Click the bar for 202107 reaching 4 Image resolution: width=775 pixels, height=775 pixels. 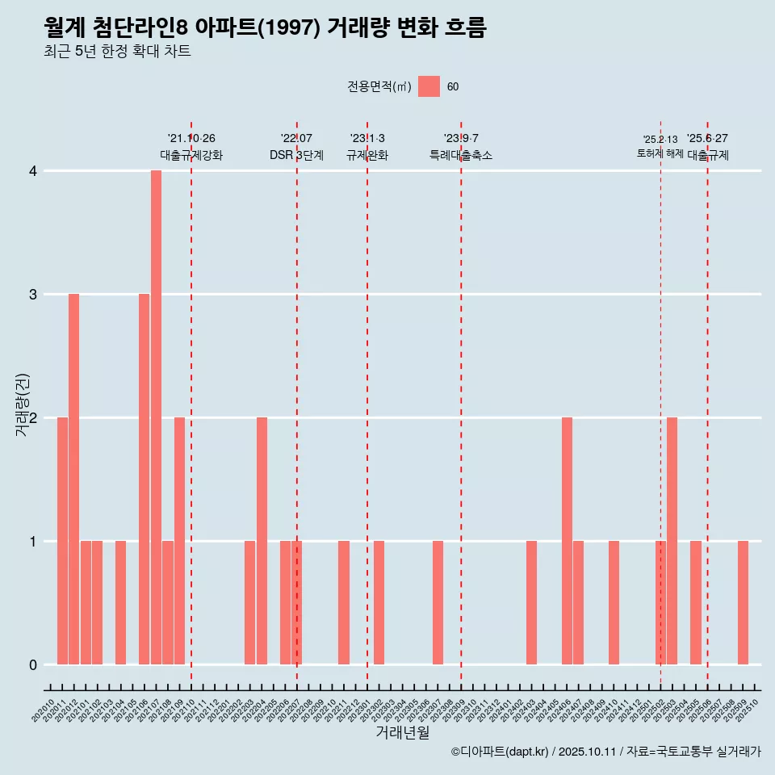(156, 417)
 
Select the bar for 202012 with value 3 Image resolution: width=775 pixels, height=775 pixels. (73, 479)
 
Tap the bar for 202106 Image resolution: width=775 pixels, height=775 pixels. (144, 479)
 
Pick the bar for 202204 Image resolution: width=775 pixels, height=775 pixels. (262, 541)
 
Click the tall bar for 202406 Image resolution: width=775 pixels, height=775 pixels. (567, 541)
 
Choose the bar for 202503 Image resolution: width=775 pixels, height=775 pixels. (672, 541)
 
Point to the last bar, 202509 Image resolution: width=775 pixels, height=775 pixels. (743, 602)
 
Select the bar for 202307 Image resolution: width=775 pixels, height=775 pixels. (438, 602)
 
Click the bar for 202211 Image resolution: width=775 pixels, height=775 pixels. (344, 602)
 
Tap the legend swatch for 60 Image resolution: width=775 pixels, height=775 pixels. (429, 86)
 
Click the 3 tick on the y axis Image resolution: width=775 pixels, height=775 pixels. (33, 294)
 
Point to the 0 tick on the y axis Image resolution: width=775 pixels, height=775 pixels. (33, 664)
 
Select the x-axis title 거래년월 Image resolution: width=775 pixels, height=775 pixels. (402, 732)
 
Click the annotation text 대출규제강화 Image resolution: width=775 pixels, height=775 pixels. (191, 155)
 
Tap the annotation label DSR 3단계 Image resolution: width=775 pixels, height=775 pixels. (296, 155)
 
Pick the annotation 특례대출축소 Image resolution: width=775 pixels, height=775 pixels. (461, 155)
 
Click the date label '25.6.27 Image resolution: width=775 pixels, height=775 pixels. (707, 138)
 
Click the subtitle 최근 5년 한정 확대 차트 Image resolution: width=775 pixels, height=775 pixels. (117, 52)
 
